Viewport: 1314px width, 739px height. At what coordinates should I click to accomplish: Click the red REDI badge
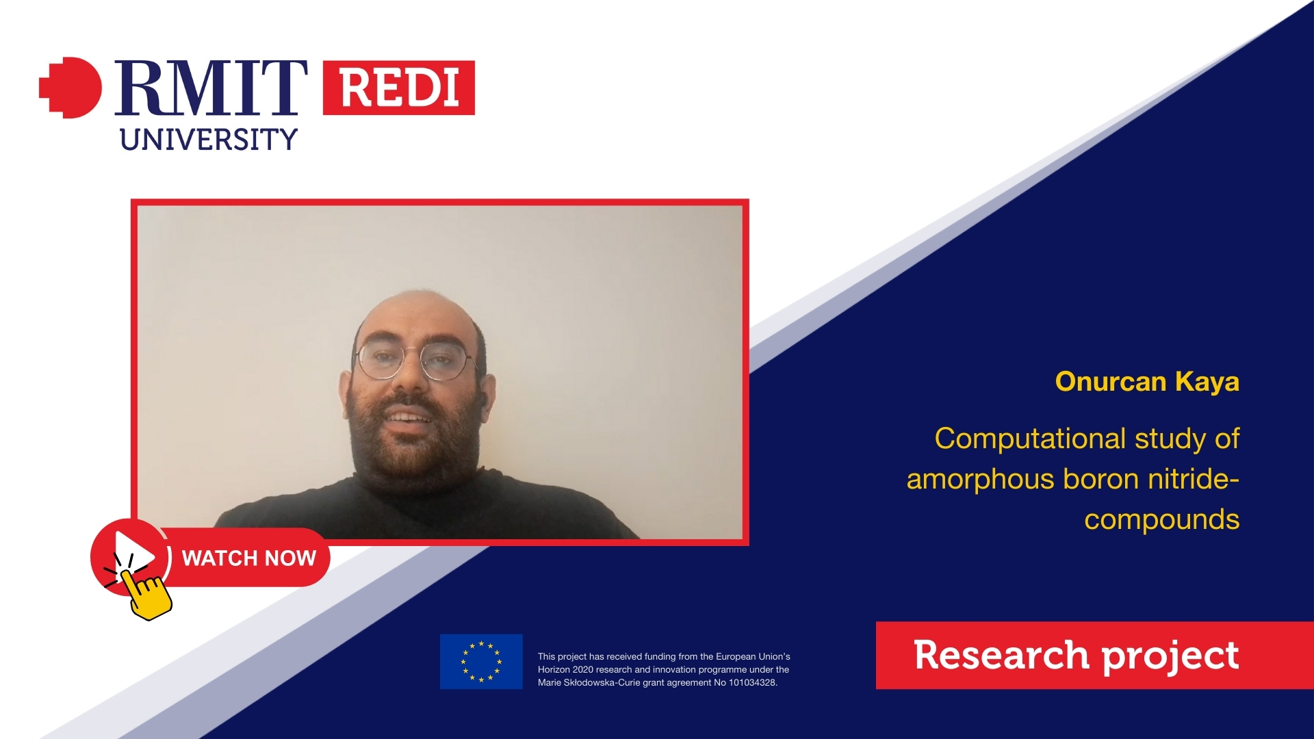tap(398, 88)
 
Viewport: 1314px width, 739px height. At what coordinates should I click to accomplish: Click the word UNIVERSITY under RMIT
tap(209, 140)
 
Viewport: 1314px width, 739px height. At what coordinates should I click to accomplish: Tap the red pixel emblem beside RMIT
tap(70, 88)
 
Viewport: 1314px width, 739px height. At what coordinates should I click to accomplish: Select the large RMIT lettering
tap(211, 88)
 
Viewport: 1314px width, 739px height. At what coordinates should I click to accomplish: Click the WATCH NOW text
tap(249, 558)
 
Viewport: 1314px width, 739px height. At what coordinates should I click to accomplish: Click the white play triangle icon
tap(134, 552)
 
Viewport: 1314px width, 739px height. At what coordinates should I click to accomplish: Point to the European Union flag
tap(481, 662)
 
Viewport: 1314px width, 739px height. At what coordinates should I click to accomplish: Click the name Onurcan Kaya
tap(1147, 382)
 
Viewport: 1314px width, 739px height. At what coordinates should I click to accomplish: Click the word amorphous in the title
tap(980, 480)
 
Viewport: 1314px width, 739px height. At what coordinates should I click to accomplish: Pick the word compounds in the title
tap(1161, 520)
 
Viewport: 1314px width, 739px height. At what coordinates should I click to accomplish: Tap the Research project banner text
tap(1076, 656)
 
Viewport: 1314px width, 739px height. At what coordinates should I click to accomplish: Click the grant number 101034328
tap(752, 682)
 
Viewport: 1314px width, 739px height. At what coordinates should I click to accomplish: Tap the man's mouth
tap(409, 415)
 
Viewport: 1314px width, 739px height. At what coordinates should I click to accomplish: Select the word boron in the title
tap(1101, 480)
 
